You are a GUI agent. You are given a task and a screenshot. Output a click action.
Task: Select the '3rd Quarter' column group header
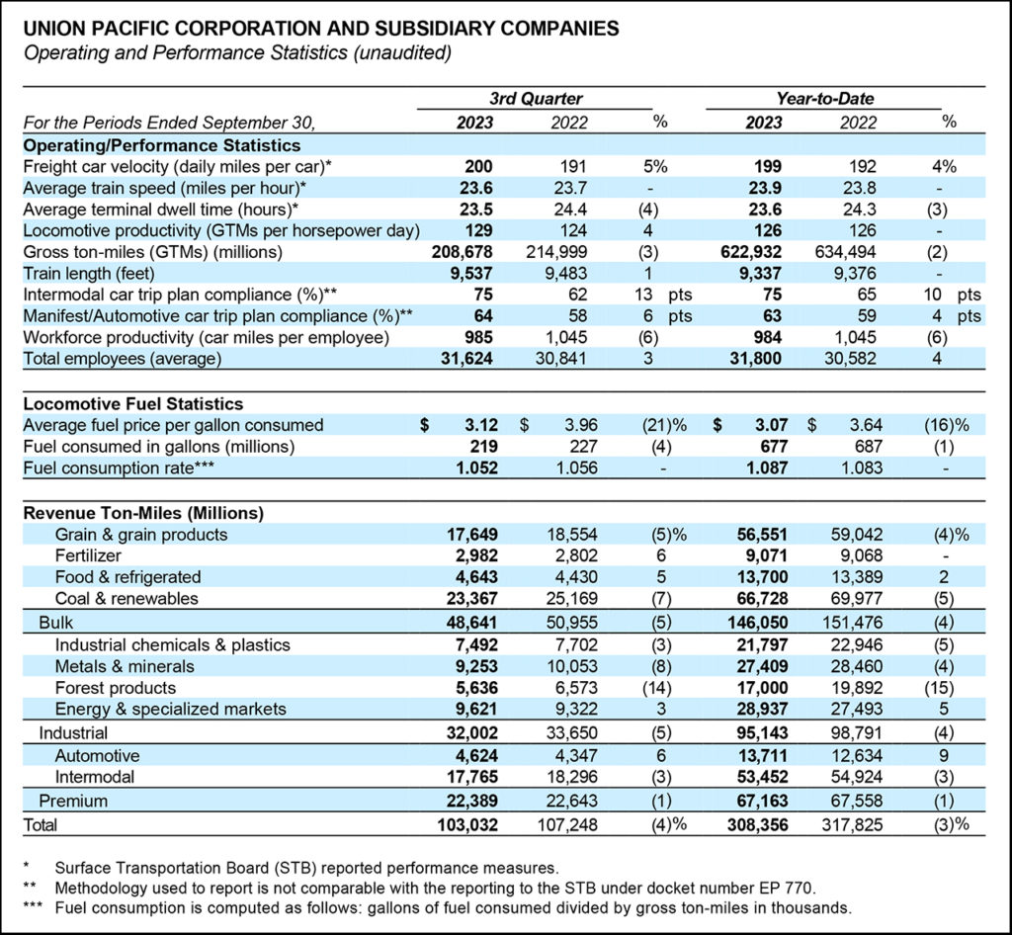pyautogui.click(x=536, y=99)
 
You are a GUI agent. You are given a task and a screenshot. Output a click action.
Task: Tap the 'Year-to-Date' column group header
pyautogui.click(x=825, y=99)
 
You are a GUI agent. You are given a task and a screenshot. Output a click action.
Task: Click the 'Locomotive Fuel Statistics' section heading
pyautogui.click(x=132, y=404)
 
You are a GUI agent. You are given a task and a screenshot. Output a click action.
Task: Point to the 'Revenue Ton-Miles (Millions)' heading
pyautogui.click(x=143, y=513)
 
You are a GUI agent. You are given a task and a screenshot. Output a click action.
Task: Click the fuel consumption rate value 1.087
pyautogui.click(x=761, y=468)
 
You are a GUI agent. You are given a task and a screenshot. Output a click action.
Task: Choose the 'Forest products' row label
pyautogui.click(x=115, y=687)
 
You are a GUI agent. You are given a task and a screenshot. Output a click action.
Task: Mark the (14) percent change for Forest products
pyautogui.click(x=661, y=687)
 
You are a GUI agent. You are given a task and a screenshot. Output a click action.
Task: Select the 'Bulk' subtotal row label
pyautogui.click(x=55, y=623)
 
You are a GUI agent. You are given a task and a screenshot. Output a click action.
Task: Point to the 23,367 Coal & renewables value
pyautogui.click(x=470, y=599)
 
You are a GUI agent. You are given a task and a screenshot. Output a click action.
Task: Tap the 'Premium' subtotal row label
pyautogui.click(x=73, y=801)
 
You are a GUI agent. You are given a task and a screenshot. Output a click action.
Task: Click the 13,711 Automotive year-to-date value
pyautogui.click(x=760, y=757)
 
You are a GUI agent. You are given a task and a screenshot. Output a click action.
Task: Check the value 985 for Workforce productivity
pyautogui.click(x=473, y=337)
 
